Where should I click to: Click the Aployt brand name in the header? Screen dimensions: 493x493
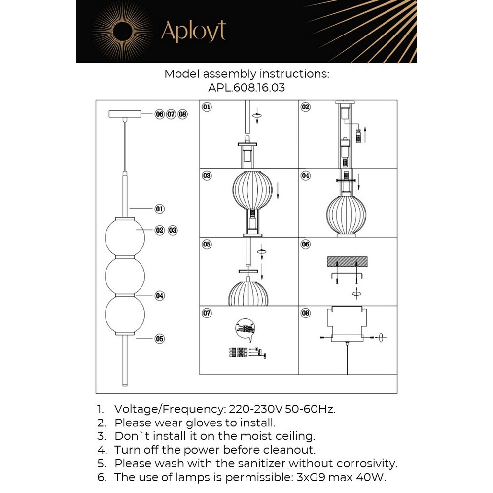[193, 32]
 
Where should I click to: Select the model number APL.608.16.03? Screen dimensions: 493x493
[246, 88]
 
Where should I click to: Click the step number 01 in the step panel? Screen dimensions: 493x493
[207, 106]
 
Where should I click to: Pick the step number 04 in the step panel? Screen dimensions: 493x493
[306, 176]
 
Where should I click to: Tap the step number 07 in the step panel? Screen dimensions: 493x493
[207, 313]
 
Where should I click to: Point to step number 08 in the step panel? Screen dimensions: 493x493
[306, 313]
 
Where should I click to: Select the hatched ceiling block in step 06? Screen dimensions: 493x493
[348, 262]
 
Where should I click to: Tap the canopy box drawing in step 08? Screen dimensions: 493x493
[348, 323]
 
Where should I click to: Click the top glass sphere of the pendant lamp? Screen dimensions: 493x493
[125, 238]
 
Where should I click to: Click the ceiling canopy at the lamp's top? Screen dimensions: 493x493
[126, 114]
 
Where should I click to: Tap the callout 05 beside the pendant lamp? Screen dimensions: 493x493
[160, 339]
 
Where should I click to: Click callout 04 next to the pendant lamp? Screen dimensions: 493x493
[160, 296]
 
